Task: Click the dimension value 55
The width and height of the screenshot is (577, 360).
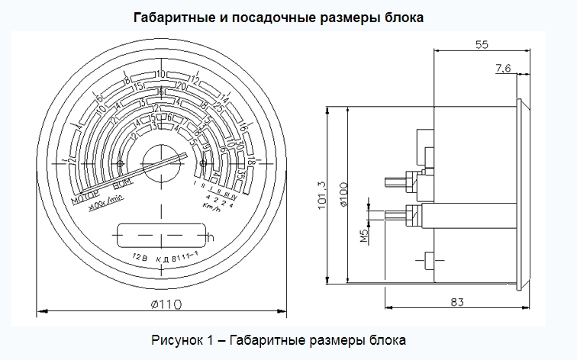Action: [482, 44]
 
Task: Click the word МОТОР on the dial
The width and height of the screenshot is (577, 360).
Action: [85, 200]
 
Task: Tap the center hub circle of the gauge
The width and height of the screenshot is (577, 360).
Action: [163, 162]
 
